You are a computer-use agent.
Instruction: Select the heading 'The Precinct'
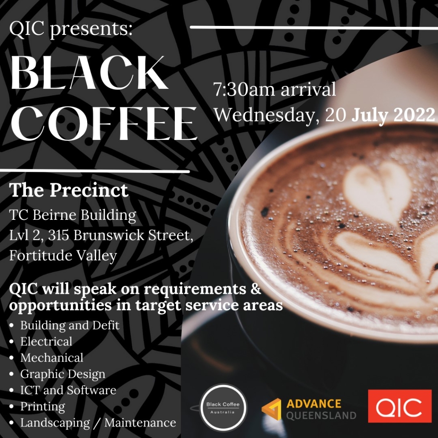(x=69, y=190)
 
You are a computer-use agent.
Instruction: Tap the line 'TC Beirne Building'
(x=73, y=215)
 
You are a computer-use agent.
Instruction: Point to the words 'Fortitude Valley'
(x=63, y=256)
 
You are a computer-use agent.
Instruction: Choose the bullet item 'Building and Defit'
(x=70, y=325)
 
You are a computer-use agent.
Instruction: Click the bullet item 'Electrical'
(x=46, y=341)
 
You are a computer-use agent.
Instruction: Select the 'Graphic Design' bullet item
(x=63, y=374)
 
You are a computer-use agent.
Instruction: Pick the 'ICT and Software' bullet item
(x=68, y=390)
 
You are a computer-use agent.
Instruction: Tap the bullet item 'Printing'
(x=43, y=406)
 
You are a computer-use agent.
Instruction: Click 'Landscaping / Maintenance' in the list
(x=98, y=422)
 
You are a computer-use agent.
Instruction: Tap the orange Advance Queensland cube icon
(x=271, y=409)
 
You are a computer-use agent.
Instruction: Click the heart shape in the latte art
(x=377, y=187)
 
